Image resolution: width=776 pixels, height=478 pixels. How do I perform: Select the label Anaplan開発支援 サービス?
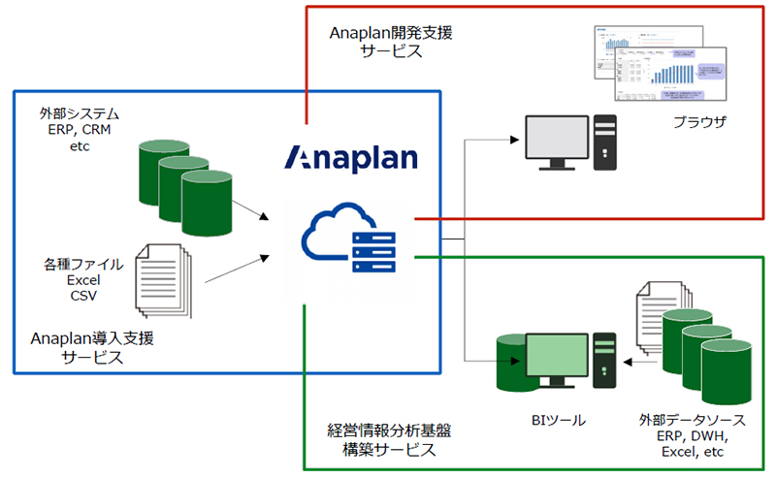point(391,42)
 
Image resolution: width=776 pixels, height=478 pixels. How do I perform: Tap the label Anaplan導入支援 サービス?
point(93,347)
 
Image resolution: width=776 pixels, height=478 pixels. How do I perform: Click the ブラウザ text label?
point(699,123)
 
